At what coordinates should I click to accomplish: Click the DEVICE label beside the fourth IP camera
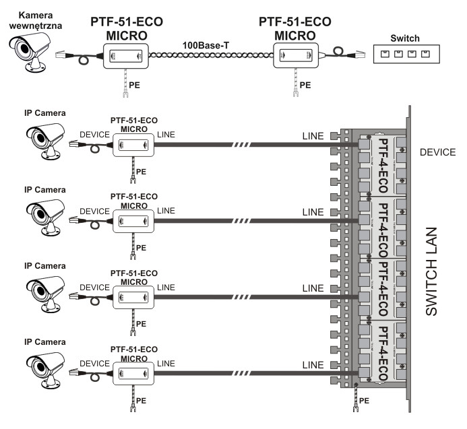coord(94,363)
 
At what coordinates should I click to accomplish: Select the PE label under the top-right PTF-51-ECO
coord(305,86)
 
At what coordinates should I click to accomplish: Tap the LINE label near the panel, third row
coord(313,288)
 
